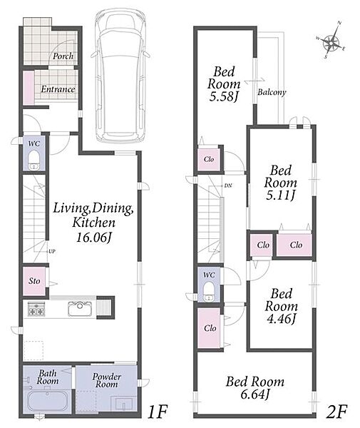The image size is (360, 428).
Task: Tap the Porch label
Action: point(63,56)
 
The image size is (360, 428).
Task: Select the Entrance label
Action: point(58,89)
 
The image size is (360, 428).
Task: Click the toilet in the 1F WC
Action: point(34,160)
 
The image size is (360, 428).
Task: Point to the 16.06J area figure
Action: point(93,238)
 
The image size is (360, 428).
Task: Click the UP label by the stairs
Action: point(52,251)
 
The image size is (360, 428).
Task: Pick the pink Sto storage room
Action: point(34,281)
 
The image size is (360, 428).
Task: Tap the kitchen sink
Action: point(80,308)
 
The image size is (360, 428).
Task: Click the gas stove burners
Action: point(36,309)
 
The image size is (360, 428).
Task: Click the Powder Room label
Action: point(107,380)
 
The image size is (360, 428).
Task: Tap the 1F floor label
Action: point(157,412)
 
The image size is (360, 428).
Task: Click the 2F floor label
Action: point(336,412)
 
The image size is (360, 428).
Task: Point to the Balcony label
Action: point(272,92)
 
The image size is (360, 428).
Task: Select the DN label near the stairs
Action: point(228,185)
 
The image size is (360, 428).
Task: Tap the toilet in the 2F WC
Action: point(209,292)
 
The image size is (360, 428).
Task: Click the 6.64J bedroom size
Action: point(255,394)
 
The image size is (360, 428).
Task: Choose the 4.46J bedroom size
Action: point(281,319)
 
